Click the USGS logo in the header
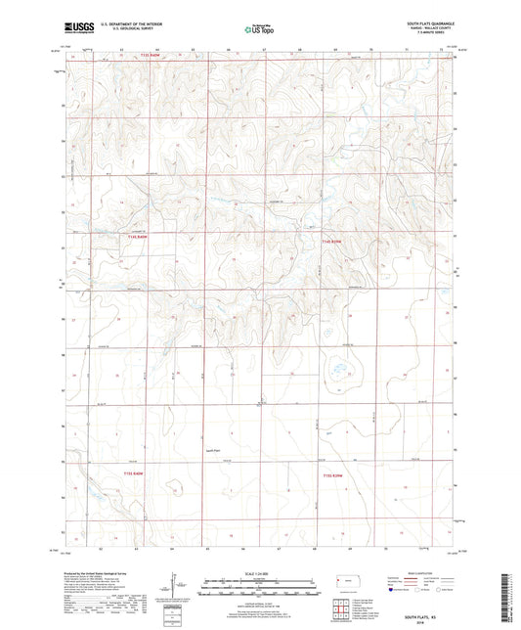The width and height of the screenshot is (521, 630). tap(76, 27)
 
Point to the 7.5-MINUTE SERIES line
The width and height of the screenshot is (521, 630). tap(431, 32)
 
